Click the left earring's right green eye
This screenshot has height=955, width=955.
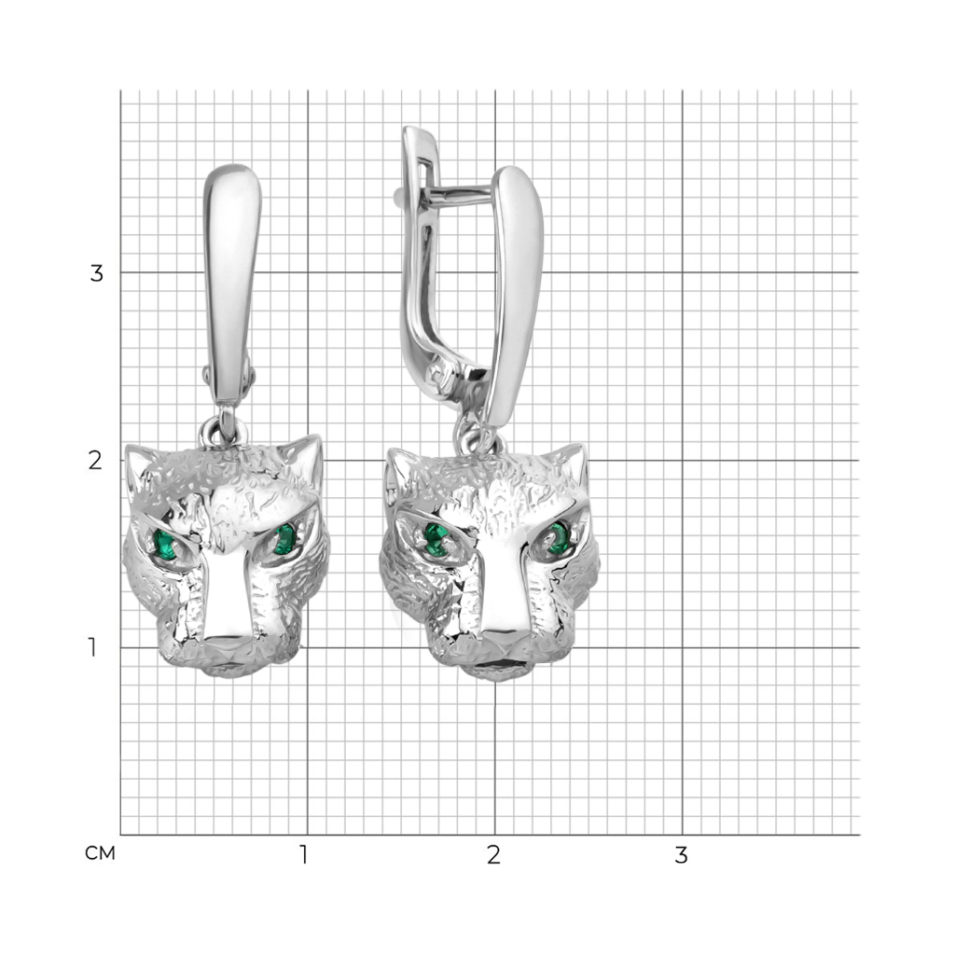click(284, 539)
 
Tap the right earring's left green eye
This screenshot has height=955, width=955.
click(435, 539)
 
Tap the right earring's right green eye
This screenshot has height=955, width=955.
click(558, 537)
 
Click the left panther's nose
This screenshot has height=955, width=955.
click(226, 644)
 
